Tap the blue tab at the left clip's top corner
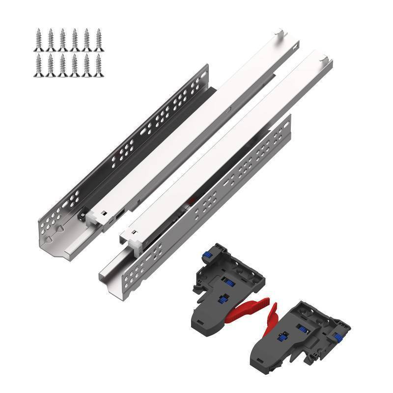point(206,256)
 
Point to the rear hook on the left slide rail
point(279,33)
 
